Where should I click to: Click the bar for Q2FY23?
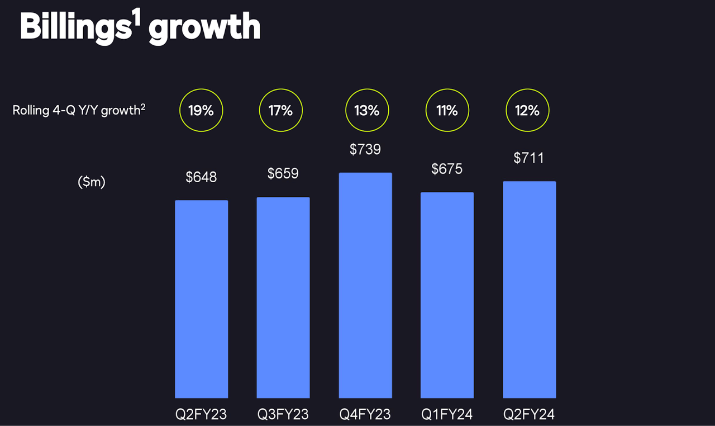click(x=201, y=299)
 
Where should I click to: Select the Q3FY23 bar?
click(x=283, y=297)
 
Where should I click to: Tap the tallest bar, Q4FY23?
click(x=365, y=285)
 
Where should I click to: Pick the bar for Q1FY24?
click(x=447, y=295)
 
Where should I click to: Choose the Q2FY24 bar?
click(x=529, y=290)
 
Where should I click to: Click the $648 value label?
click(x=201, y=177)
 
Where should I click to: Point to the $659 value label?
click(x=283, y=173)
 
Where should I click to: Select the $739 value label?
click(x=365, y=149)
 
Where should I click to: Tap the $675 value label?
click(x=447, y=168)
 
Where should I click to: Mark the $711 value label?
click(x=528, y=158)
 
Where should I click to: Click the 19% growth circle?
click(x=201, y=111)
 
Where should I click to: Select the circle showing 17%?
click(x=280, y=111)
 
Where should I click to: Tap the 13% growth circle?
click(x=367, y=111)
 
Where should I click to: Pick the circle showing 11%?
click(x=447, y=111)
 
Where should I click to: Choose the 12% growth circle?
click(x=527, y=111)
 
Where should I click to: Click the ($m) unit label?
click(x=92, y=182)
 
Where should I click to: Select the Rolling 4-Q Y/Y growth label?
click(x=79, y=110)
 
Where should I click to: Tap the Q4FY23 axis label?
click(x=365, y=415)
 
